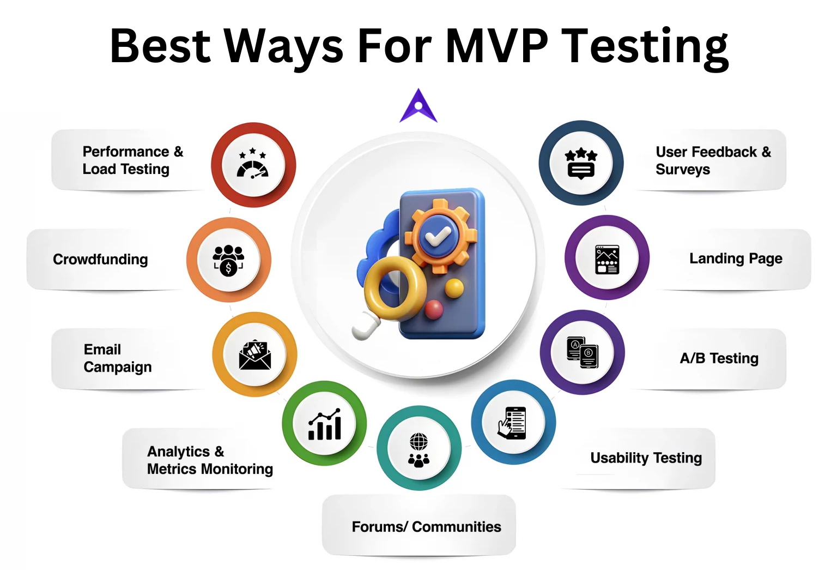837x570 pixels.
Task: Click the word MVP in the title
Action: click(498, 46)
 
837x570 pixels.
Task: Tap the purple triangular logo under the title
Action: click(418, 106)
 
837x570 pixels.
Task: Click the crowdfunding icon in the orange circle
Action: click(228, 260)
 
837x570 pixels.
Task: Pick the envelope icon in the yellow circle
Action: click(255, 355)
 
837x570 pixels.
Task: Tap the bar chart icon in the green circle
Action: click(324, 424)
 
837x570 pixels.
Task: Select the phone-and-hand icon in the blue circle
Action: click(512, 423)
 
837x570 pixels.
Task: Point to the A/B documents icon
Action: click(583, 352)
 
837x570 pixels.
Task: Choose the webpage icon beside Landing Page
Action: click(607, 260)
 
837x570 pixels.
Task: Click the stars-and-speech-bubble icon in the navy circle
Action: click(581, 164)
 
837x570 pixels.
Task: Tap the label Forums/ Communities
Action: click(426, 526)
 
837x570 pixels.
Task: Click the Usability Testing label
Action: click(646, 458)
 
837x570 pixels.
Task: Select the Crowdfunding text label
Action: click(100, 259)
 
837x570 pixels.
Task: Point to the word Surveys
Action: click(683, 170)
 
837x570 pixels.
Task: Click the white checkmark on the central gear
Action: click(438, 237)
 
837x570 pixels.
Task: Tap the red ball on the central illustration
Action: click(433, 309)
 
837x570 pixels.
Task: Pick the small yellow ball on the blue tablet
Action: click(454, 288)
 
